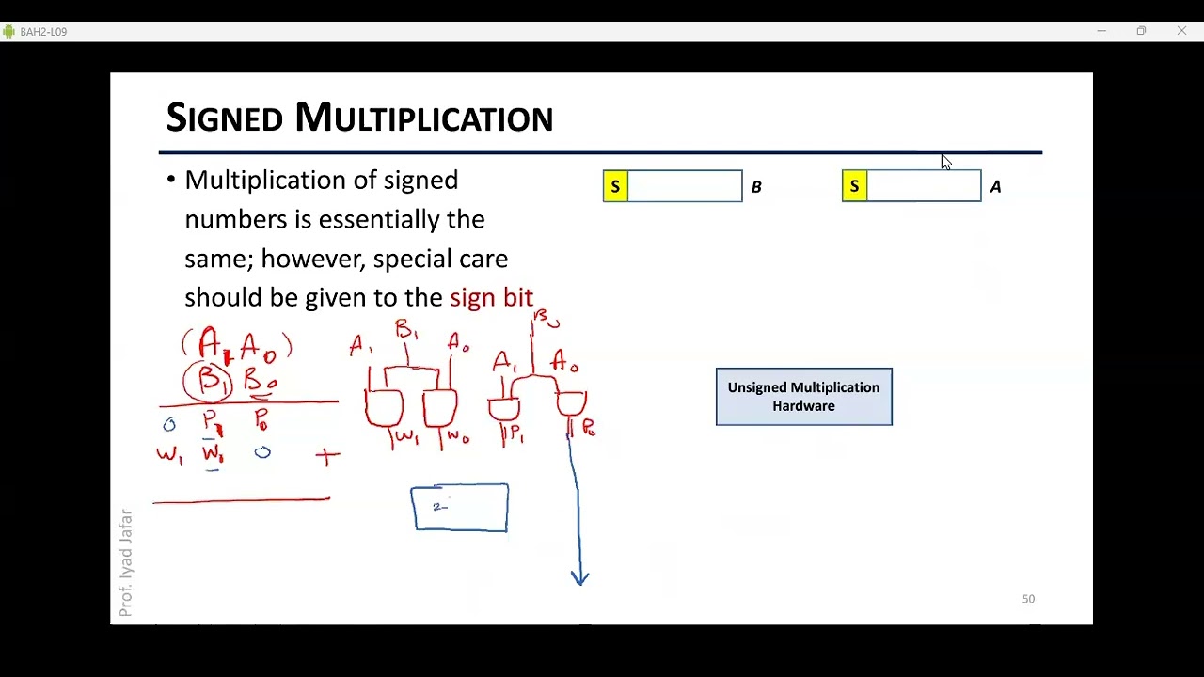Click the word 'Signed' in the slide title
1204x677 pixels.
[224, 118]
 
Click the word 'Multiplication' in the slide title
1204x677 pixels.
[423, 118]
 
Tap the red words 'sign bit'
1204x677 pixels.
[491, 298]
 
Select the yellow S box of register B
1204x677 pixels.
[615, 186]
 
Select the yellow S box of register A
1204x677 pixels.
[854, 186]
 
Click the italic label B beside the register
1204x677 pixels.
[756, 187]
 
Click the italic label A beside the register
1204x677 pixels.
[995, 187]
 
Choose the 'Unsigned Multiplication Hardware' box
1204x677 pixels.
[803, 397]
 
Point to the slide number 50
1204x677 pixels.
[1028, 599]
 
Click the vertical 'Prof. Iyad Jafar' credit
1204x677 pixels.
[126, 562]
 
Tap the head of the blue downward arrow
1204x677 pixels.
[580, 577]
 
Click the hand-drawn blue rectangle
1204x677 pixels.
[460, 508]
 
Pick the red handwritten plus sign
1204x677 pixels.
[326, 457]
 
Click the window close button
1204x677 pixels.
[1181, 31]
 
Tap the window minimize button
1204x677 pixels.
[1101, 31]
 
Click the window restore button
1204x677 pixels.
[1141, 31]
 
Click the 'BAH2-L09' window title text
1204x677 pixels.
[43, 32]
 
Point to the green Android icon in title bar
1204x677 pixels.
[8, 32]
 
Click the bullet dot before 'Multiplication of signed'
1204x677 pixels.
[170, 181]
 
